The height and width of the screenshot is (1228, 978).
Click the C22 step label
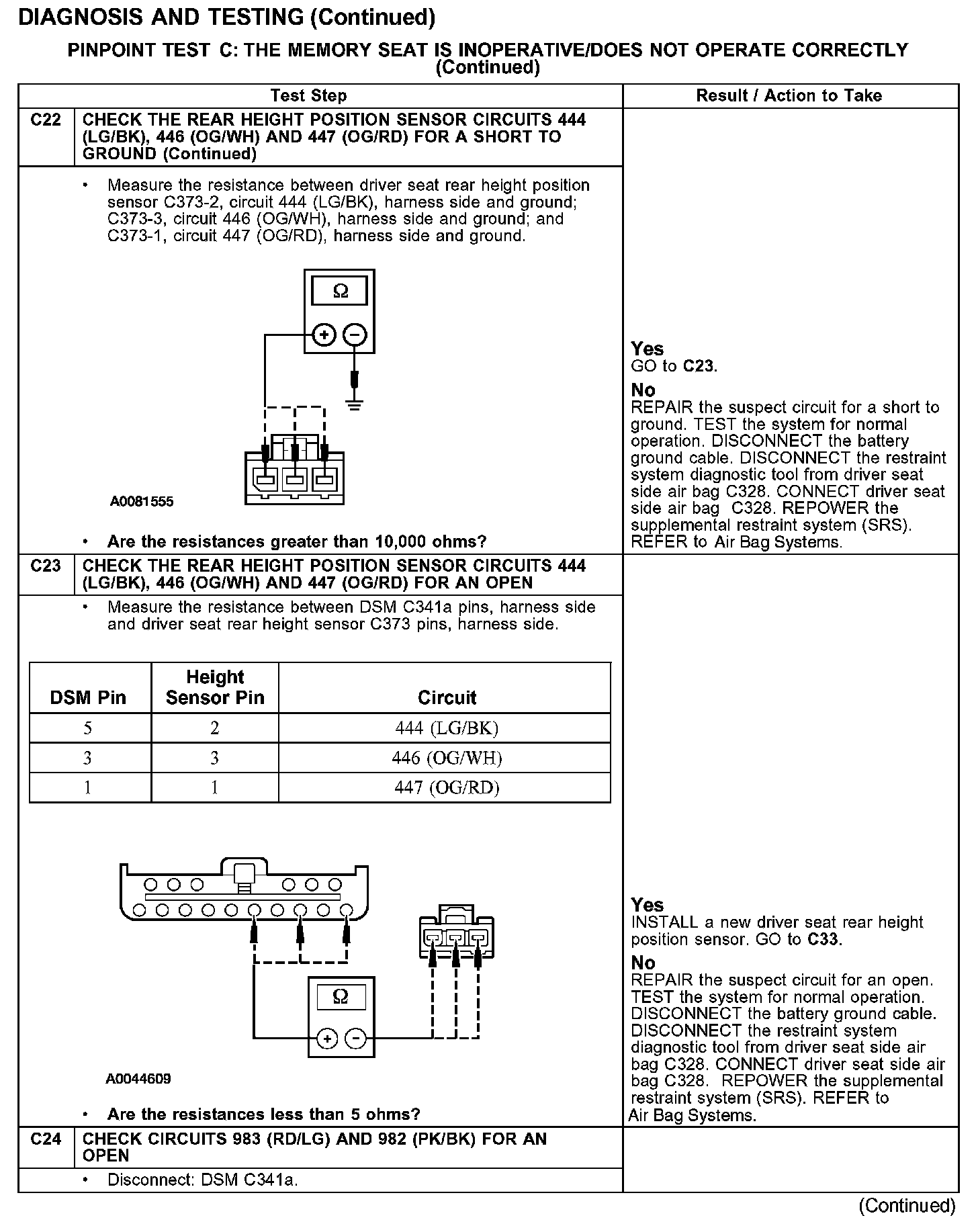[46, 120]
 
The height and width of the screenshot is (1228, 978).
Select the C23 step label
[46, 566]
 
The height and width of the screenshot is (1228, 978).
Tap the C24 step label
[46, 1139]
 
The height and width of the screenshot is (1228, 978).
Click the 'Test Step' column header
[308, 96]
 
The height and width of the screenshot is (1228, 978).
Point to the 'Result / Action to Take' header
[789, 96]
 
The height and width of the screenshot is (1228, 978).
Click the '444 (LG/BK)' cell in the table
[447, 728]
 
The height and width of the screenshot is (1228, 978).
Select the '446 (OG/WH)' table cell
[447, 758]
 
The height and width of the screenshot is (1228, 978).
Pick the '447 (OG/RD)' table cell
[447, 788]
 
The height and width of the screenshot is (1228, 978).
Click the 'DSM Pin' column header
[88, 698]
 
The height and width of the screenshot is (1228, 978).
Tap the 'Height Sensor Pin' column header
[215, 687]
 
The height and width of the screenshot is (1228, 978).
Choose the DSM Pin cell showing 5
[88, 728]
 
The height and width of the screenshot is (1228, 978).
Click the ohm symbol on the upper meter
[340, 292]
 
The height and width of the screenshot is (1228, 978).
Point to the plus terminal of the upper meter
[324, 334]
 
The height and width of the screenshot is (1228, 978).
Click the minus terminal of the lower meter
[355, 1039]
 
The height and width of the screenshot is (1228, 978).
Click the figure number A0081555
[142, 501]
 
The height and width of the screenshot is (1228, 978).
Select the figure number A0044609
[138, 1080]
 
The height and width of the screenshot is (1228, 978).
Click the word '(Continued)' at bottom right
[907, 1206]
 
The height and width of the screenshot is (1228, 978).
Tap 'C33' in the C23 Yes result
[824, 939]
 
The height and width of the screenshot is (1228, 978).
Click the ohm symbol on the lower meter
[340, 997]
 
